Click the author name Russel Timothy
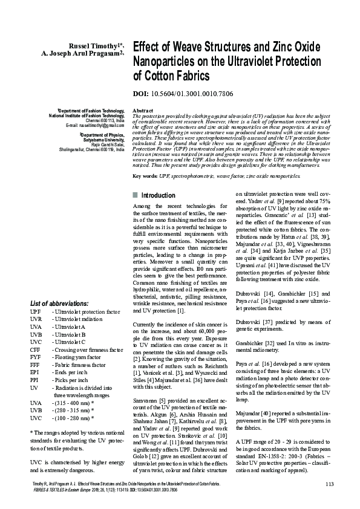94,45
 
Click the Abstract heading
142,111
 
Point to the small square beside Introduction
134,196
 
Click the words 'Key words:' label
145,176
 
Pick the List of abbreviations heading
59,303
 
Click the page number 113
329,485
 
